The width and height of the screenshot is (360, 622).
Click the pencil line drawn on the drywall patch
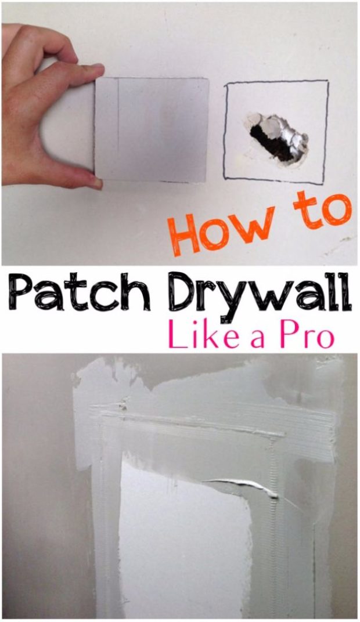(x=118, y=128)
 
